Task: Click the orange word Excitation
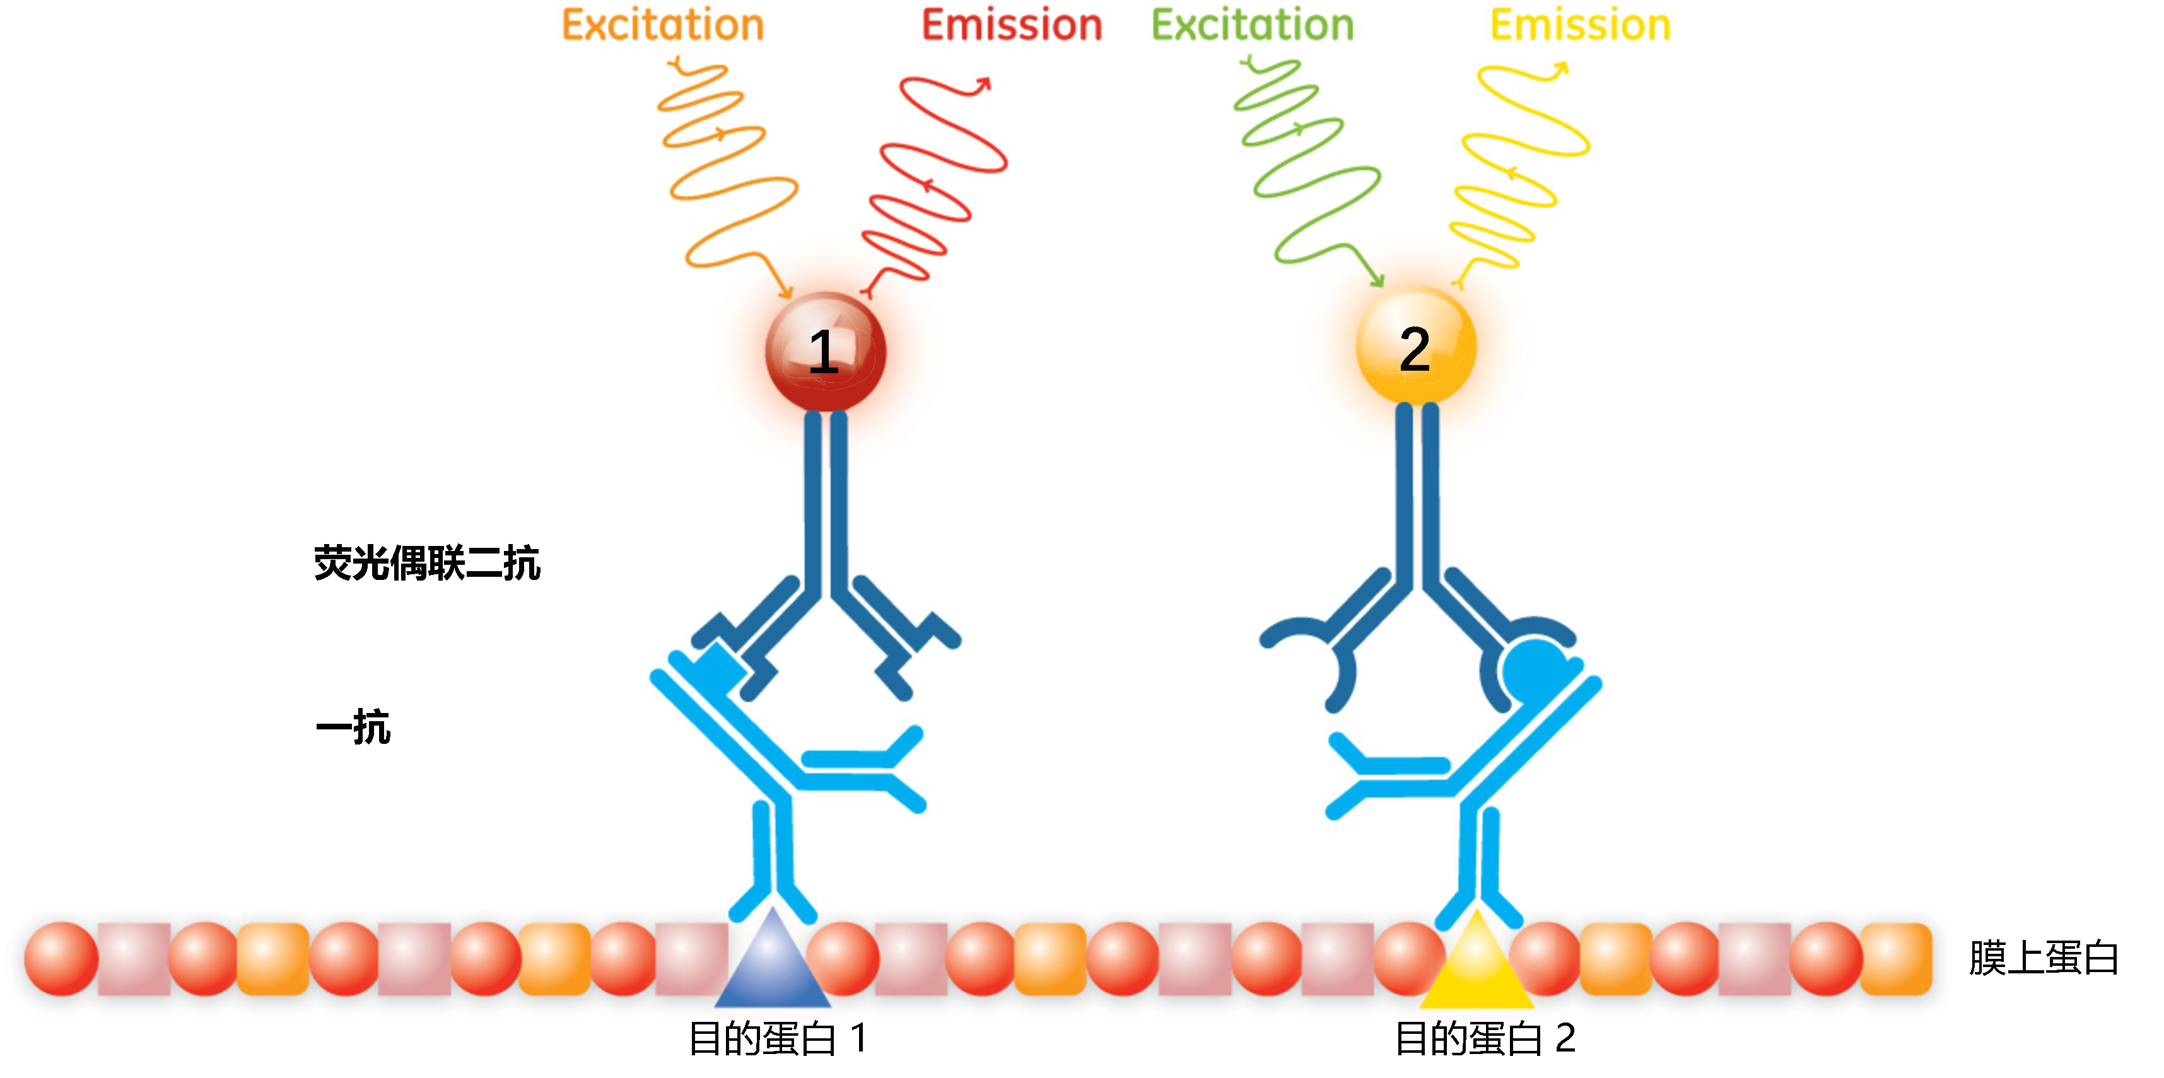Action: [x=662, y=25]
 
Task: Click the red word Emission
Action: [x=1012, y=25]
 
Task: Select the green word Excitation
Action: [x=1253, y=25]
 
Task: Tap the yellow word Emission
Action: [x=1580, y=25]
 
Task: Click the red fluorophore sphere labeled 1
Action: [x=825, y=352]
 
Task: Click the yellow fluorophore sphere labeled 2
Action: [x=1417, y=347]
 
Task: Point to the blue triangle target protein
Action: [x=773, y=966]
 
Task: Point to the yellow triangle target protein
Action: [x=1477, y=966]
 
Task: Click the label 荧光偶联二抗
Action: [x=427, y=562]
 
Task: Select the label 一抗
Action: [x=353, y=727]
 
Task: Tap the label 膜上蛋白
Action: [x=2043, y=959]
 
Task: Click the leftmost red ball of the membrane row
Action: [x=61, y=959]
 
